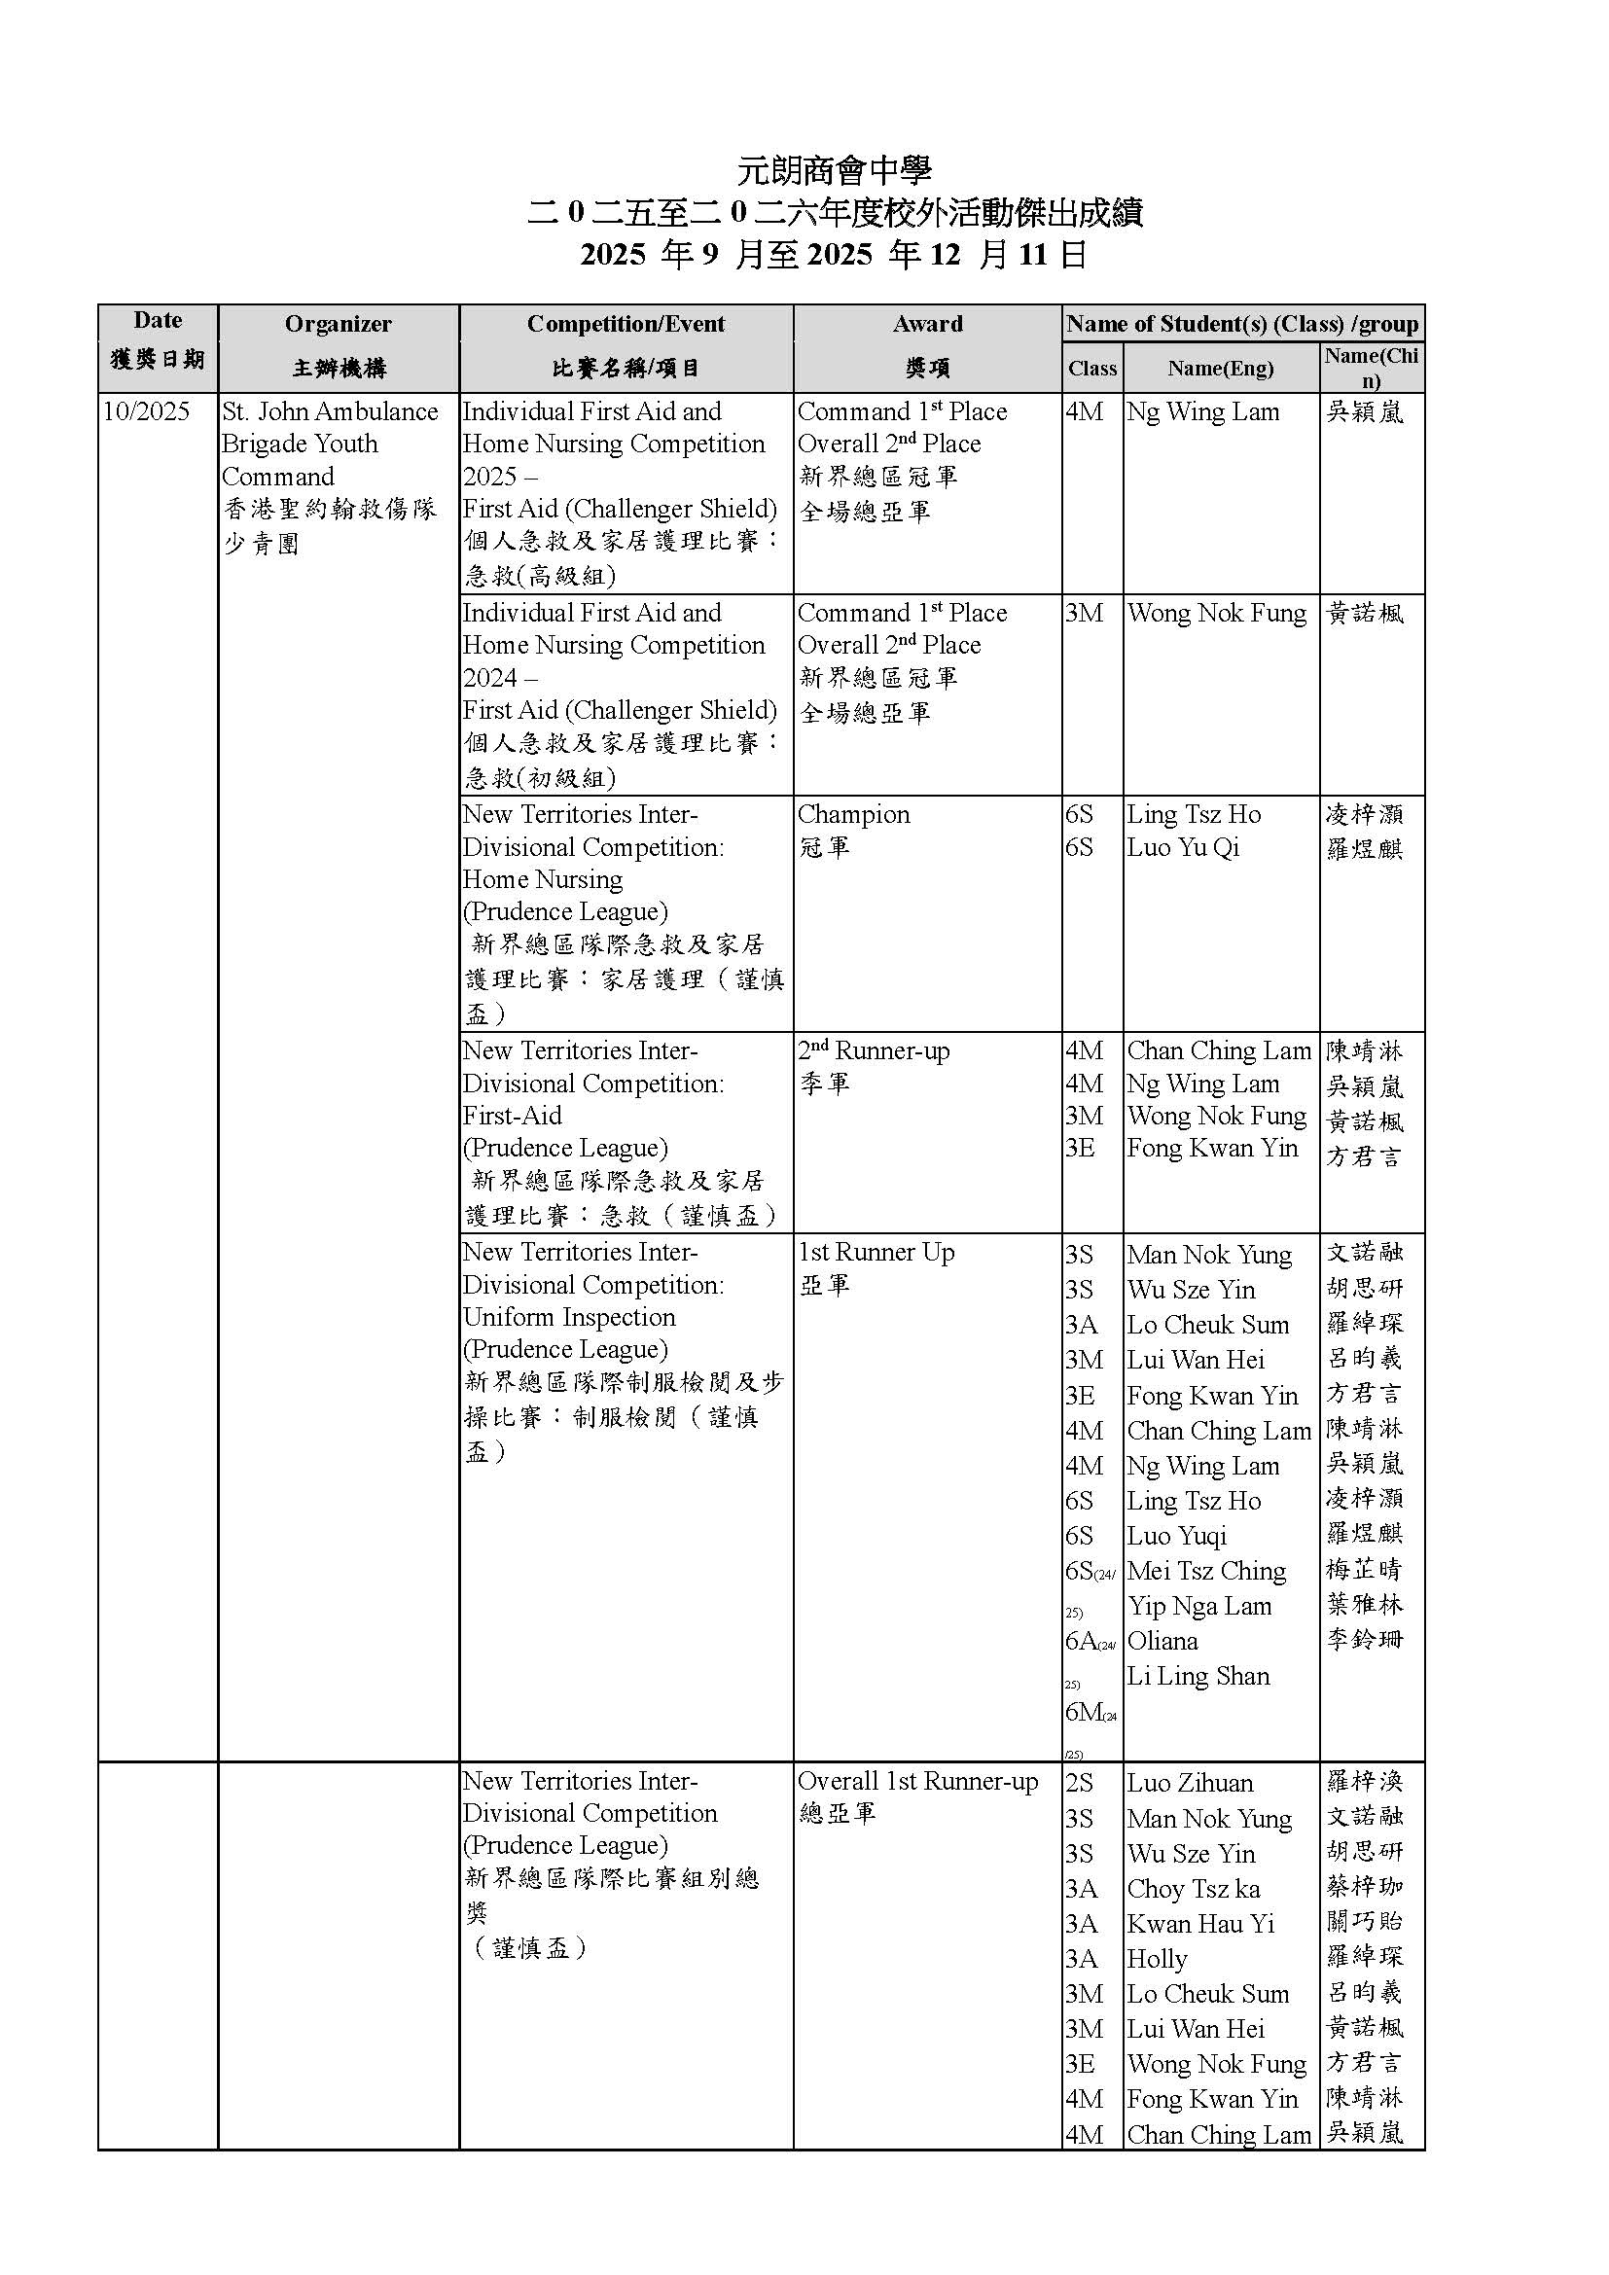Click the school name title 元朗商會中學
point(835,170)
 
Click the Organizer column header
point(338,324)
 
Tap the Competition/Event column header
point(626,324)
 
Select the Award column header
point(927,324)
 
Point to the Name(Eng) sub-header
point(1221,369)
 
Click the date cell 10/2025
point(147,411)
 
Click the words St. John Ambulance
point(330,411)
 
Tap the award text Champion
point(853,814)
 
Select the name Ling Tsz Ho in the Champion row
point(1193,814)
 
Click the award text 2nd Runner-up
point(874,1051)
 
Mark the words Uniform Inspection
point(569,1317)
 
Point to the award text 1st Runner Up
point(876,1253)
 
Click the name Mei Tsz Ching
point(1205,1572)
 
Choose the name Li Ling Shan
point(1198,1677)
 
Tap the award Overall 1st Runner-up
point(917,1782)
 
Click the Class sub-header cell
point(1091,369)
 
